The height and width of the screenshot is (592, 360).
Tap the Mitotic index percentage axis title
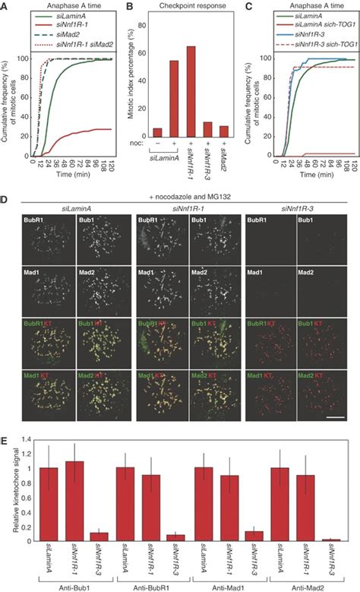click(137, 84)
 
